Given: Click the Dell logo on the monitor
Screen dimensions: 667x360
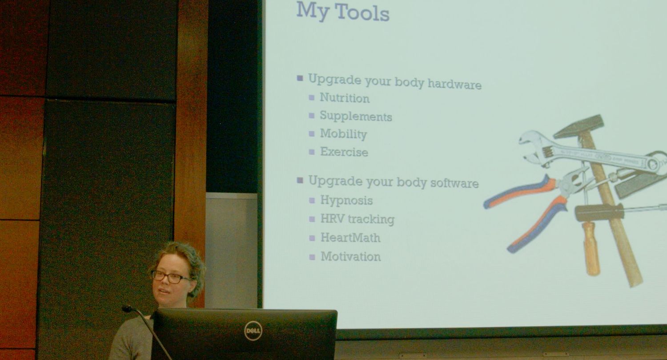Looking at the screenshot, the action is click(253, 331).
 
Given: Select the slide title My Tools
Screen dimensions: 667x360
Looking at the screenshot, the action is click(343, 12).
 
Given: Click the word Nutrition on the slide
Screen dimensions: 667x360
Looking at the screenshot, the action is click(345, 98).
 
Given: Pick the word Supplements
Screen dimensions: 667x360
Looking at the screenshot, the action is click(356, 116).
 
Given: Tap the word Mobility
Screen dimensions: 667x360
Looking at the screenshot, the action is click(343, 134).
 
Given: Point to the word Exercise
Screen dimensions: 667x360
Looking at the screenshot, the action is click(344, 152).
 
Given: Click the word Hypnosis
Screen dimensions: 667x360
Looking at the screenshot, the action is click(346, 200).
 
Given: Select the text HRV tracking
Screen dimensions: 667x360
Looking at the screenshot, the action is click(358, 219).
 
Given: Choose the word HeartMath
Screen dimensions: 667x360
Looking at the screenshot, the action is click(350, 238).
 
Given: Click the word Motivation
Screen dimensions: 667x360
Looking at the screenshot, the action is click(350, 256).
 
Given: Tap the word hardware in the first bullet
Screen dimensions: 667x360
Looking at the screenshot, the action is click(455, 85).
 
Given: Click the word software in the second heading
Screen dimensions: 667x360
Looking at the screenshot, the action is click(454, 183).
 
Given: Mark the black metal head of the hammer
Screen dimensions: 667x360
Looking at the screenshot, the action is click(579, 126).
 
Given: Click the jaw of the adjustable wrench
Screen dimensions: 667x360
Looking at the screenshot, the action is click(534, 148).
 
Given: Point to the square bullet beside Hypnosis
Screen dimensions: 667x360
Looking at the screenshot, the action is click(312, 200).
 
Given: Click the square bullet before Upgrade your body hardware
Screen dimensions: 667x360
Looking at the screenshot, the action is click(300, 78).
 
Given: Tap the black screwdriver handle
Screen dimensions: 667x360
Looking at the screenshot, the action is click(599, 212).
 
